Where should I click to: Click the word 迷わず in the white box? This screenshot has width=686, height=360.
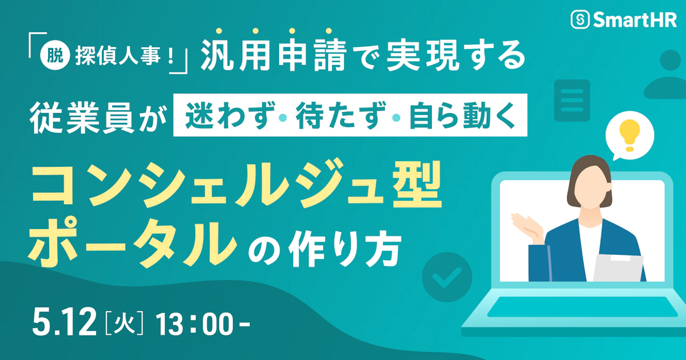click(228, 118)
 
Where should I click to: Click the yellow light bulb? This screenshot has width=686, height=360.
click(629, 135)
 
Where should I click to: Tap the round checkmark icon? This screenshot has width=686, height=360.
click(446, 278)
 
